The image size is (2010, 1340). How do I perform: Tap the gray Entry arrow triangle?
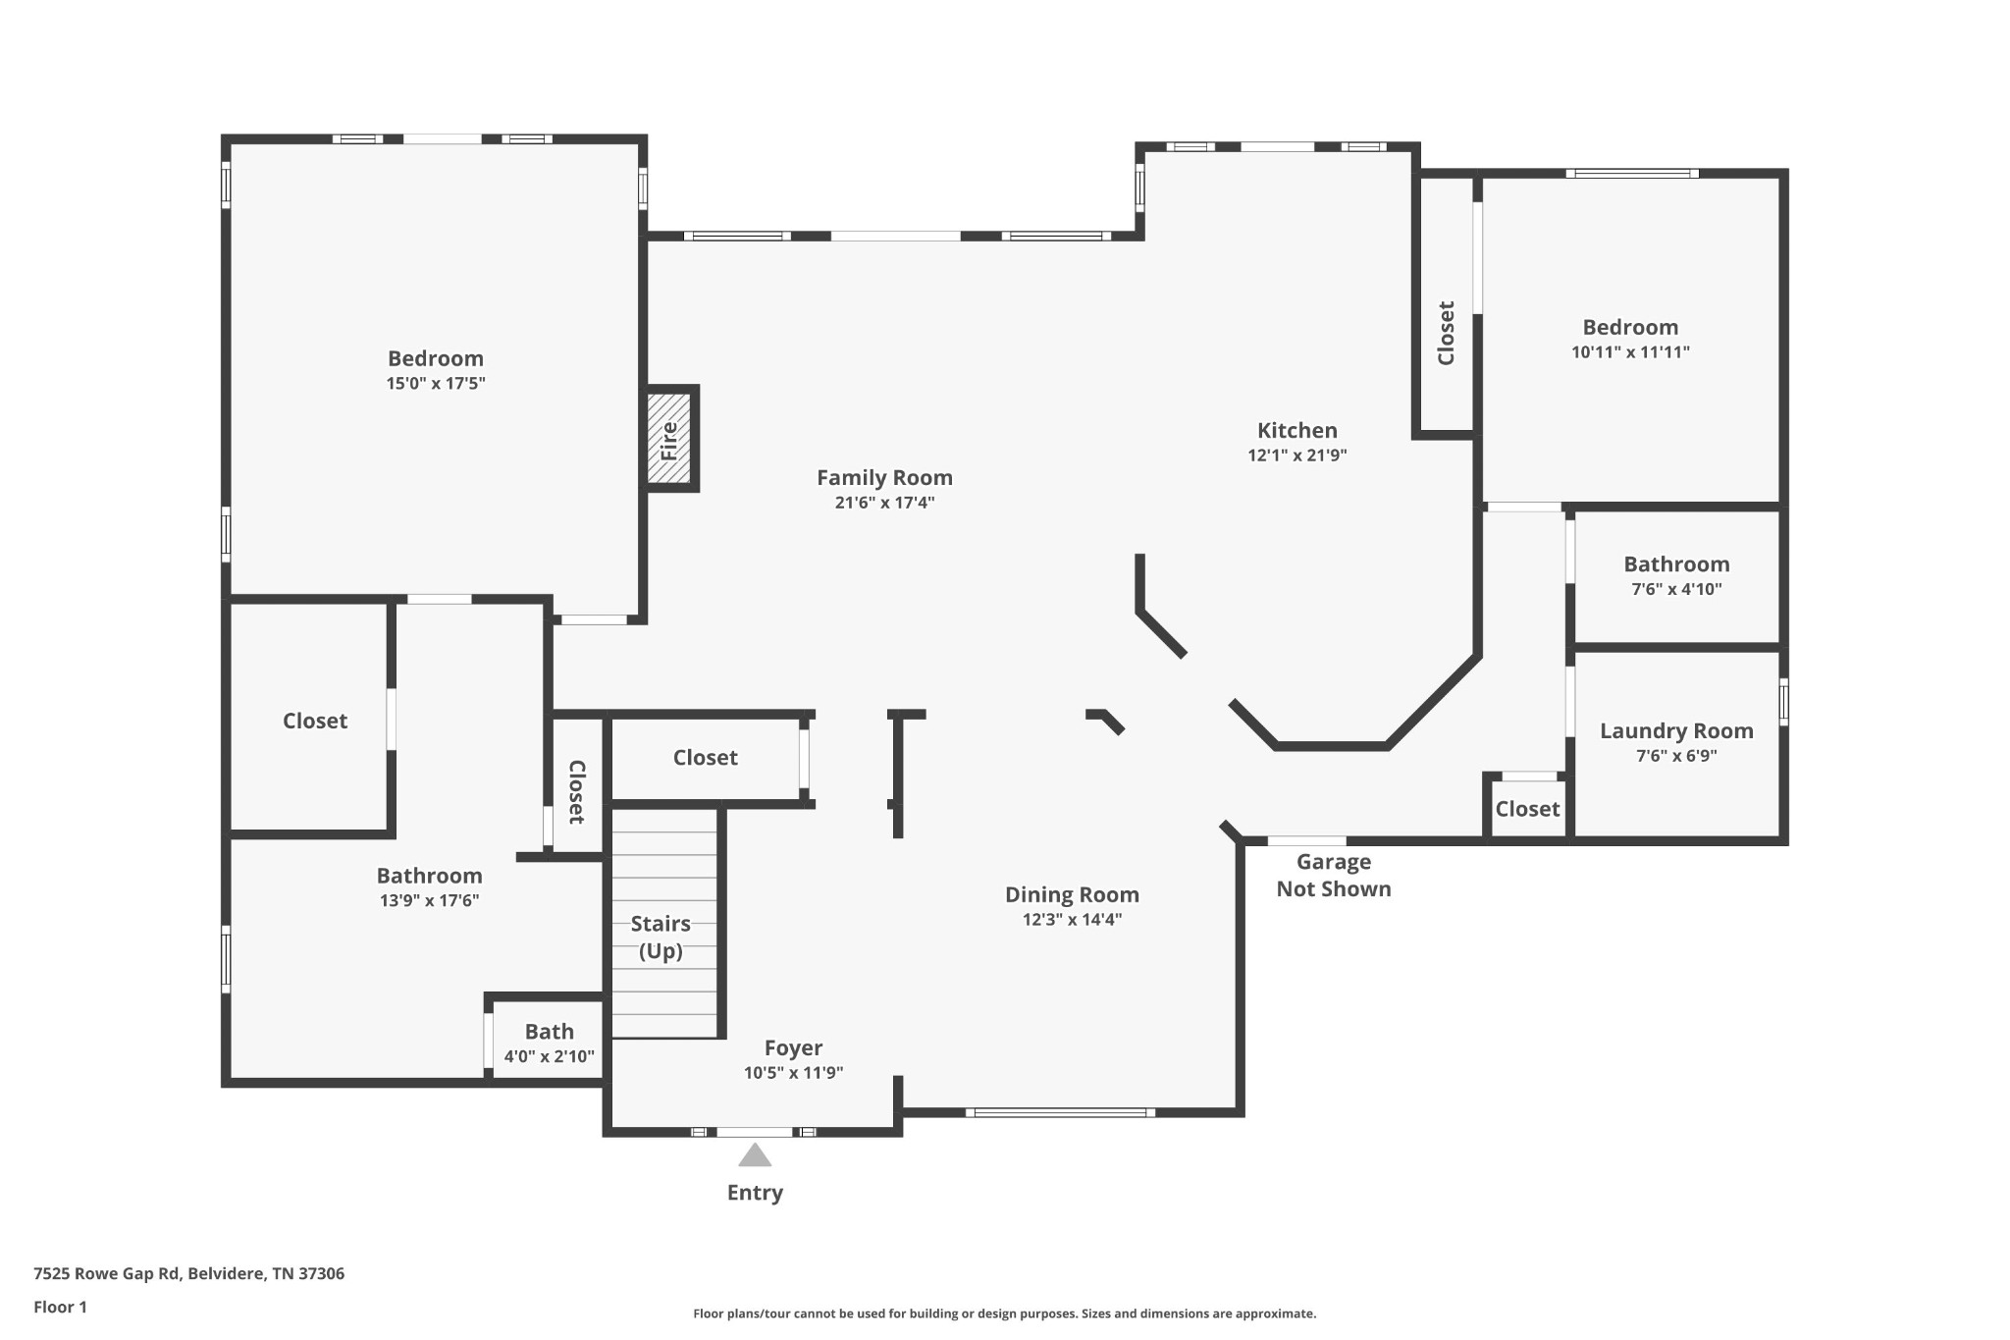[755, 1154]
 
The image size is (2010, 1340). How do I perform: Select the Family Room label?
[884, 478]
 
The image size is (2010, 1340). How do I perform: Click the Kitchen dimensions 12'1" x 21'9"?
[1297, 456]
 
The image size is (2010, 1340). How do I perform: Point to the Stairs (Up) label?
[661, 938]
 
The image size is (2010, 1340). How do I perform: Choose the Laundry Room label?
[1676, 731]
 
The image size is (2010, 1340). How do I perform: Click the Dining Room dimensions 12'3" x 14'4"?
[1072, 920]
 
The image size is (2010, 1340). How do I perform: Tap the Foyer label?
[793, 1048]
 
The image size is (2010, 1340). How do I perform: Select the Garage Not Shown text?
[1334, 876]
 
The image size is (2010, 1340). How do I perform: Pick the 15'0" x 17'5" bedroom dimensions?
[436, 384]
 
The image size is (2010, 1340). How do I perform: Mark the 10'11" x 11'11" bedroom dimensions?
[1630, 352]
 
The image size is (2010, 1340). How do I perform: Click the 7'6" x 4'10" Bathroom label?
[1676, 564]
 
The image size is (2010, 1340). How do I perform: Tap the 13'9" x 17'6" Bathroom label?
[429, 876]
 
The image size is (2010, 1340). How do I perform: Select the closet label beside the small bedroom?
[1446, 333]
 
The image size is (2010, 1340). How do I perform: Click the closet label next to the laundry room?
[1527, 809]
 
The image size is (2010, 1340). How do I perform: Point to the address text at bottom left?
[188, 1274]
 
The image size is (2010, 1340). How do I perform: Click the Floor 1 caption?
[60, 1308]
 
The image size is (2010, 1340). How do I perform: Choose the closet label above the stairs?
[705, 758]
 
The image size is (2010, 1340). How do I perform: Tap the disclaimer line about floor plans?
[1004, 1313]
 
